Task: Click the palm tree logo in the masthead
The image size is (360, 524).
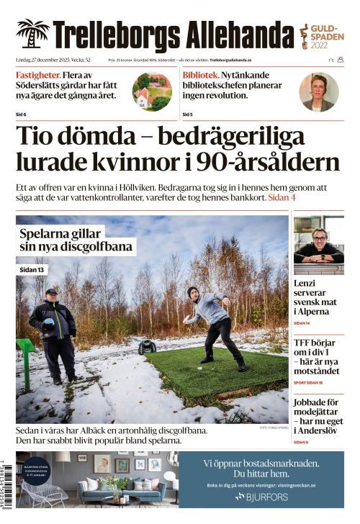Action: pos(32,34)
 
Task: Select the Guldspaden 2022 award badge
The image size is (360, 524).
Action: pos(320,34)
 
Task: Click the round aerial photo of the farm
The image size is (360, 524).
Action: pos(152,91)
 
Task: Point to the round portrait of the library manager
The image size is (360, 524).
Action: pos(318,91)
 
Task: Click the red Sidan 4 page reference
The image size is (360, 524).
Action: pos(282,197)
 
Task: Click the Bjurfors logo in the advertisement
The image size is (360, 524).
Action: pos(261,497)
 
